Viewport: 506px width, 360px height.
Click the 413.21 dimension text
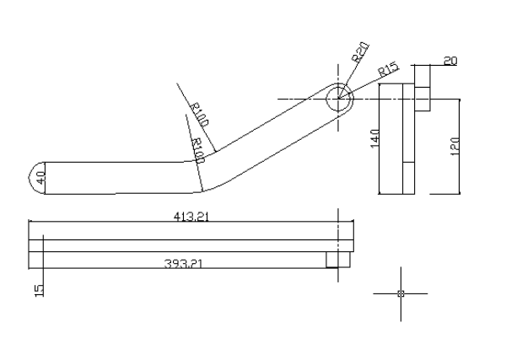point(191,216)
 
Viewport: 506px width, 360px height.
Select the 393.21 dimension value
point(183,264)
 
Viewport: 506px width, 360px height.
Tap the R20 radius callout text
point(360,52)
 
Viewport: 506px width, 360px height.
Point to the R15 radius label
point(389,69)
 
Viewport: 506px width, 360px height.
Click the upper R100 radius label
point(199,115)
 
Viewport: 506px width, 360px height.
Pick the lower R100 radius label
point(198,151)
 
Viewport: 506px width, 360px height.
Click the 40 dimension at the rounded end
point(41,178)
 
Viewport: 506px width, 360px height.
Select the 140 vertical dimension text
point(375,138)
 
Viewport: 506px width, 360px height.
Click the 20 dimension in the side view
point(450,61)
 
